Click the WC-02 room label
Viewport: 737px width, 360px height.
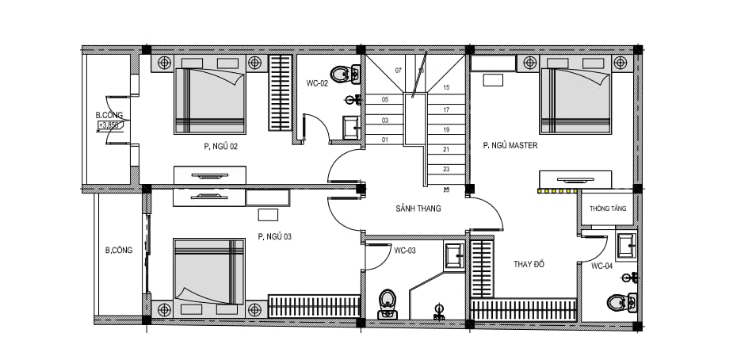coord(317,84)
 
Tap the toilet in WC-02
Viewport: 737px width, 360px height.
coord(345,74)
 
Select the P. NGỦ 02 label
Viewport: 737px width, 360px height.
coord(220,147)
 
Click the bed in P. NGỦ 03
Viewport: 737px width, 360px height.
coord(209,271)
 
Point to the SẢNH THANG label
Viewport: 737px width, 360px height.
coord(418,209)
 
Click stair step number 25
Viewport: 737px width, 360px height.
coord(446,190)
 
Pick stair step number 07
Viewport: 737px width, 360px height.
coord(399,71)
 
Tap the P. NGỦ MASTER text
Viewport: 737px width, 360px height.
coord(510,146)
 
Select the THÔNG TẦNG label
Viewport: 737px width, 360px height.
coord(608,209)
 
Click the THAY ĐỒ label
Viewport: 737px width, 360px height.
coord(529,264)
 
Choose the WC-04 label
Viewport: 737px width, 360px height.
coord(601,266)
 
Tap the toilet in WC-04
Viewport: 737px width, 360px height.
coord(621,302)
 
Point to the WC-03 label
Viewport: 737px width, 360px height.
coord(405,251)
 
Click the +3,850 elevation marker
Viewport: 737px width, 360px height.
coord(110,125)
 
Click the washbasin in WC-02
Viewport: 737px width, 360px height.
coord(351,128)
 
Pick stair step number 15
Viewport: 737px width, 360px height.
coord(446,87)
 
